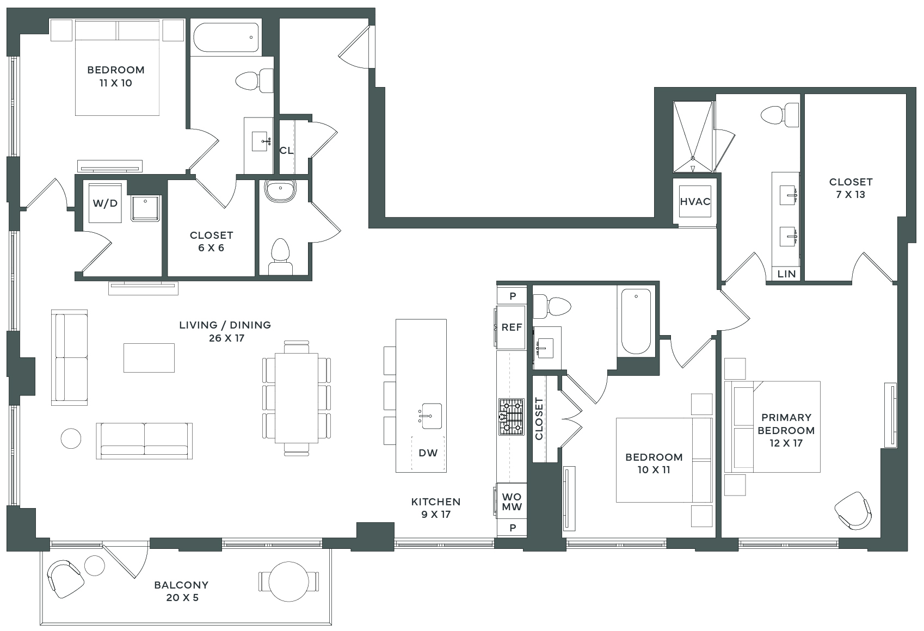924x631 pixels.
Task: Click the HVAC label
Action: [695, 202]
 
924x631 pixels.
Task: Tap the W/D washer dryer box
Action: [105, 203]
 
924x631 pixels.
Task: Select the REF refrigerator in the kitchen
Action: [512, 327]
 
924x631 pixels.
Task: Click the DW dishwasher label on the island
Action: [428, 453]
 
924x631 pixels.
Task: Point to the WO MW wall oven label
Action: [512, 502]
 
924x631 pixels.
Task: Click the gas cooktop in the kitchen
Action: [512, 417]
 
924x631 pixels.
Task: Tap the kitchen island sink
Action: [430, 416]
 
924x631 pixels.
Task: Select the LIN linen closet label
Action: [786, 274]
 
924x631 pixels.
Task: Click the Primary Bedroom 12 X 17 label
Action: [786, 430]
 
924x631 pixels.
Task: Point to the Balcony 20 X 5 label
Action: [182, 591]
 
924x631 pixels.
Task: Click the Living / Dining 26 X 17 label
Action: [225, 331]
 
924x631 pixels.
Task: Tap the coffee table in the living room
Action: [149, 358]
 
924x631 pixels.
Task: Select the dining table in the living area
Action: [297, 398]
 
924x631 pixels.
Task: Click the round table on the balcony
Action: [289, 581]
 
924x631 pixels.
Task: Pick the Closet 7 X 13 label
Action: [851, 188]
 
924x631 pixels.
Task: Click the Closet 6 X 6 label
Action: [211, 242]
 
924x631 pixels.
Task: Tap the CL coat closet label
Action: [286, 151]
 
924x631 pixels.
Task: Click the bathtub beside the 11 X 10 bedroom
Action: [226, 38]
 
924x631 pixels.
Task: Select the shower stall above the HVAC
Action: [693, 137]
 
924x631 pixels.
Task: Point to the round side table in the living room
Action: [71, 438]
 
